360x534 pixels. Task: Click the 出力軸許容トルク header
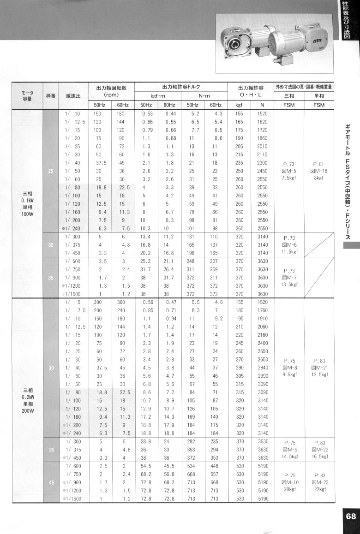point(180,87)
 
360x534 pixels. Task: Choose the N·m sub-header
point(204,96)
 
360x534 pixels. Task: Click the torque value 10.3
point(147,228)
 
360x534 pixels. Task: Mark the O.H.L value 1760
point(262,310)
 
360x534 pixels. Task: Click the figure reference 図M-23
point(319,481)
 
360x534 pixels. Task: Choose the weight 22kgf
point(319,489)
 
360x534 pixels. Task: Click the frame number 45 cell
point(50,481)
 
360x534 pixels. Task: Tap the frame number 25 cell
point(50,172)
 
